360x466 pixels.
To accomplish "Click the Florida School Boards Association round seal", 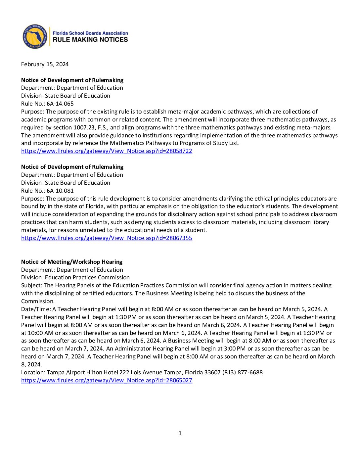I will coord(35,36).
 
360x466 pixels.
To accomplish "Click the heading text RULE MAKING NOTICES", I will coord(90,40).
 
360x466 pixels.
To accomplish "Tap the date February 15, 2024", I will coord(45,64).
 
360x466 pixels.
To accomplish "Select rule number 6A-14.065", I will coord(60,104).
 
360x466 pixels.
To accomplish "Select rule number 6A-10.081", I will coord(60,191).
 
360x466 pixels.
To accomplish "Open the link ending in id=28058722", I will coord(107,151).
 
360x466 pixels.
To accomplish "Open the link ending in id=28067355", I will coord(107,238).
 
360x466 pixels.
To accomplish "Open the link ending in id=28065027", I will coord(107,380).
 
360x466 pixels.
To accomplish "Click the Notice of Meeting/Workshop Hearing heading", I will coord(72,262).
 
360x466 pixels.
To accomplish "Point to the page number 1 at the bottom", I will coord(180,433).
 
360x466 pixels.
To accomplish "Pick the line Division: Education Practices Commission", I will coord(75,277).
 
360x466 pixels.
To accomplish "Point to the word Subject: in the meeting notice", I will coord(32,285).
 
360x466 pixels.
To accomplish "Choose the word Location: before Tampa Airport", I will coord(33,372).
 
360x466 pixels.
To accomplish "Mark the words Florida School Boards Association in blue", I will coord(90,33).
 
